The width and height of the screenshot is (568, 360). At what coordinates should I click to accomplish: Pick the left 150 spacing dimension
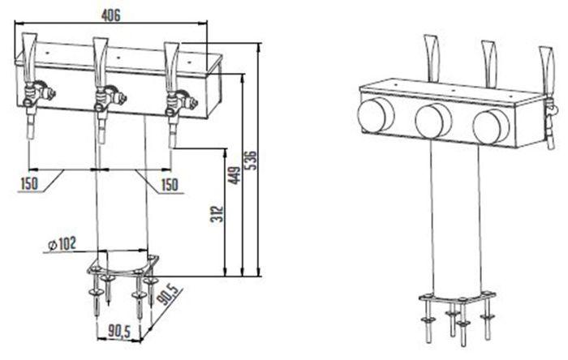click(x=29, y=185)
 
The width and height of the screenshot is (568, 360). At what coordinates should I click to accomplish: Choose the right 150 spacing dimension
click(x=168, y=185)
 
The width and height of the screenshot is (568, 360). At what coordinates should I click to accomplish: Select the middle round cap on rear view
click(x=431, y=121)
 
